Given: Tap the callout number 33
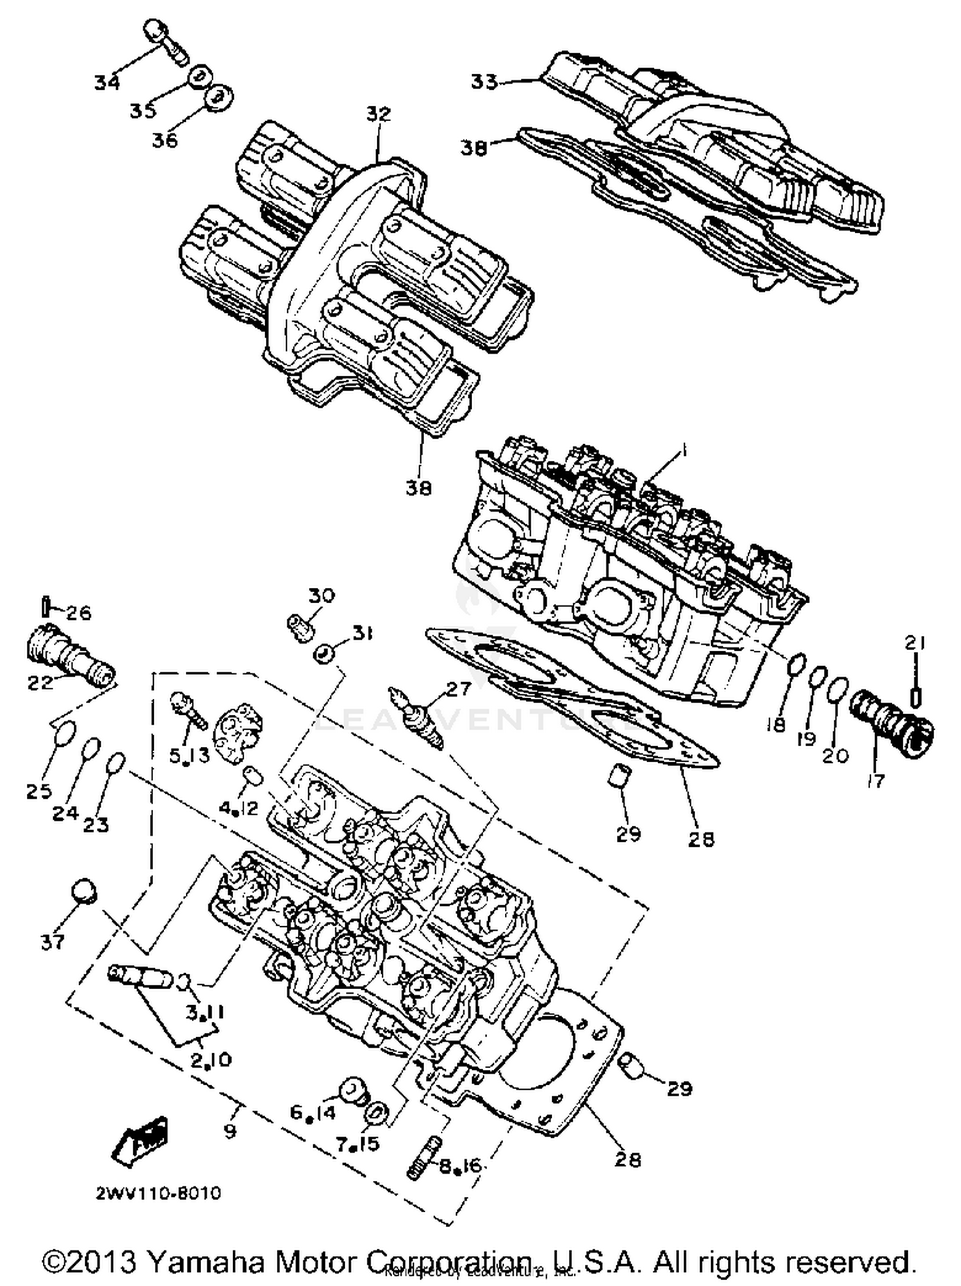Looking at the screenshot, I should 484,82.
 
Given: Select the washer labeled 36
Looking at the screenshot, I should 218,99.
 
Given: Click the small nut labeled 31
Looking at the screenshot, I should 324,655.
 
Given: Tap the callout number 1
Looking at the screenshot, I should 683,451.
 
